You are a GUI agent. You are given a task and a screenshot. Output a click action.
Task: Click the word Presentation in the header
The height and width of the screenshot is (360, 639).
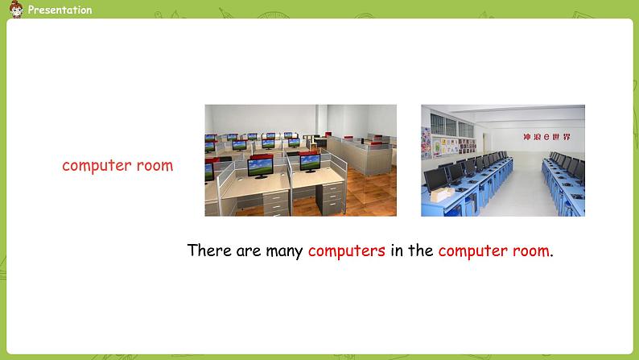tap(60, 10)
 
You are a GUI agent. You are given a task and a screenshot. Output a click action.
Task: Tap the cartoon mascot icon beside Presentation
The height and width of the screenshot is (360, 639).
tap(16, 10)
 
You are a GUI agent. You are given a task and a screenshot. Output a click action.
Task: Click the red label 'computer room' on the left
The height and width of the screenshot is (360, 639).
tap(117, 166)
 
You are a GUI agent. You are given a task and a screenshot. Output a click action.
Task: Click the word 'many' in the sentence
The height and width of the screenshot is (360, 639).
tap(284, 251)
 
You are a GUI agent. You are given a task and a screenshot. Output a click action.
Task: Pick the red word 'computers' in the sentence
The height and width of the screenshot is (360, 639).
tap(346, 250)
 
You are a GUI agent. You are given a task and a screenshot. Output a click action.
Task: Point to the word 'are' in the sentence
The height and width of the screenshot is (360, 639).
tap(248, 251)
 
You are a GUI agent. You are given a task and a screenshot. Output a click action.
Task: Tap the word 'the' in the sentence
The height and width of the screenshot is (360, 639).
tap(421, 250)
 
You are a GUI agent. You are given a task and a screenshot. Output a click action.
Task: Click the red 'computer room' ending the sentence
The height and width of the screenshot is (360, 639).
tap(494, 250)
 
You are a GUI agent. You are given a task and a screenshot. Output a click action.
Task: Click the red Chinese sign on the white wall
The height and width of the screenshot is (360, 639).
tap(547, 137)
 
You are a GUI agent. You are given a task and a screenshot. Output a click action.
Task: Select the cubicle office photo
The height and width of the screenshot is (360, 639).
tap(300, 160)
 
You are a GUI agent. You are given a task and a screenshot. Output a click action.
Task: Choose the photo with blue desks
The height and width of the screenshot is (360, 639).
tap(503, 160)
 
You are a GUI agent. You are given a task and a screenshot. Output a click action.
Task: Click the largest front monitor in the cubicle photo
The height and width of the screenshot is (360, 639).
tap(261, 168)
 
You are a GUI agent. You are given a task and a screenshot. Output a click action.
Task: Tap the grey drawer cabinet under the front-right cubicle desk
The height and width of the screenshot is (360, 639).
tap(331, 199)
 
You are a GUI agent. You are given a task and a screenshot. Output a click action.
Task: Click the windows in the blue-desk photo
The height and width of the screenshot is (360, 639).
tap(451, 126)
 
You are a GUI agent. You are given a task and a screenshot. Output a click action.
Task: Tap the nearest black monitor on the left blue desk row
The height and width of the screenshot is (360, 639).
tap(436, 180)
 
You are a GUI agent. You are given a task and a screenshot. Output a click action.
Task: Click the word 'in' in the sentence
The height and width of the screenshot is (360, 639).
tap(397, 250)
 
